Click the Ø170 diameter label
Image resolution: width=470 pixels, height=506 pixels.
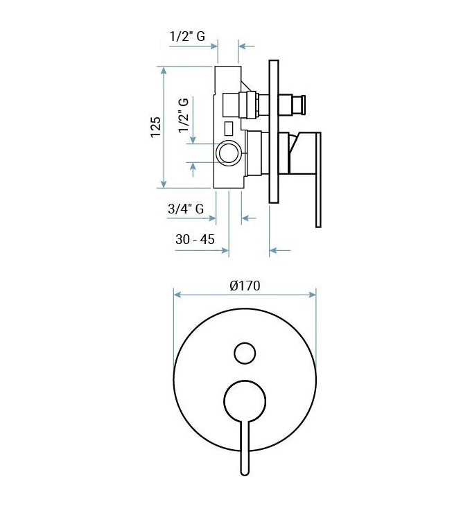(245, 286)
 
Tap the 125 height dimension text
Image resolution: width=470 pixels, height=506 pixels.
(156, 127)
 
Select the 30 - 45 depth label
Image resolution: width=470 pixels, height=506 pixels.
(195, 239)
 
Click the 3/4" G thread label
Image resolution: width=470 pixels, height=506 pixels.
(186, 209)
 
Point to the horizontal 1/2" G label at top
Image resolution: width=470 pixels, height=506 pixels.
(187, 36)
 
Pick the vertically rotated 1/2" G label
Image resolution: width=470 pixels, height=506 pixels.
(184, 116)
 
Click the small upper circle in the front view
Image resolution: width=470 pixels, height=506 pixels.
(245, 353)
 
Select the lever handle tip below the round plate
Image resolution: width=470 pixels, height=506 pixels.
(245, 472)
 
